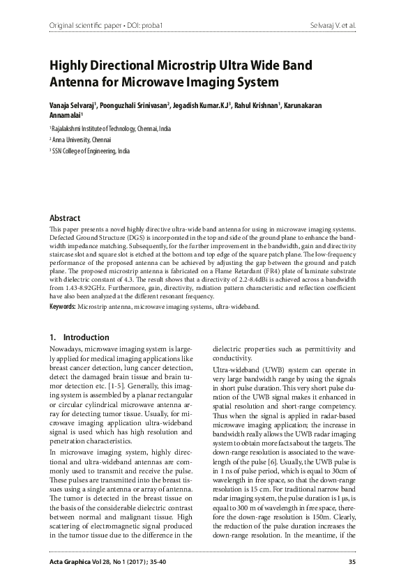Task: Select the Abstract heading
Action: [x=64, y=218]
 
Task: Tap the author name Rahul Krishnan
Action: [x=257, y=105]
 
